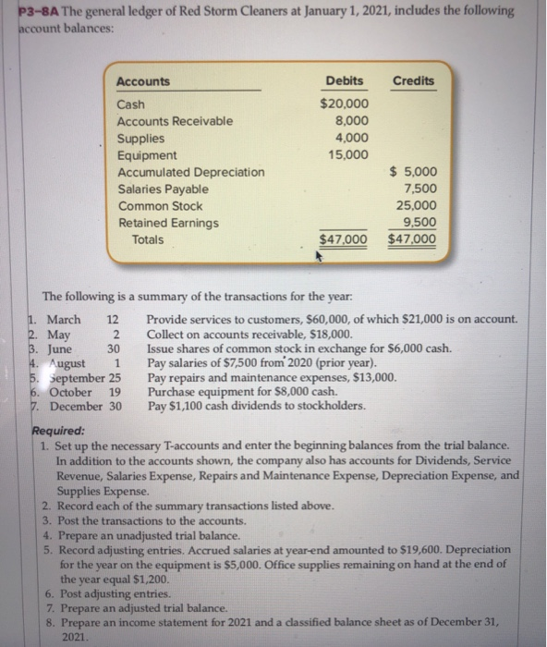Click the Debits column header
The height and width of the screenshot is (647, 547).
tap(345, 80)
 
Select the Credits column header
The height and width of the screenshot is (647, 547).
tap(413, 80)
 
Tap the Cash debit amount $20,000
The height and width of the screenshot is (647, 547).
tap(344, 104)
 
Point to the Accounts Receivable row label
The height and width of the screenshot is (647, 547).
tap(175, 121)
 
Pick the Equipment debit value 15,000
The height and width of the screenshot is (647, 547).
tap(347, 154)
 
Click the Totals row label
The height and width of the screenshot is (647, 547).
tap(148, 239)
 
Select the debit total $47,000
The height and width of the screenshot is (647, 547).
tap(343, 240)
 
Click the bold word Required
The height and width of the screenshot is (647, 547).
tap(58, 430)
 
